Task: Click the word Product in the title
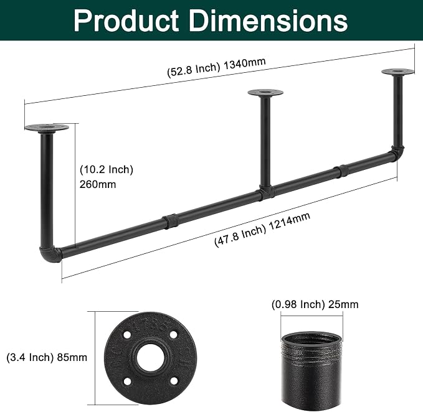pos(126,21)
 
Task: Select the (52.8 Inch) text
pos(194,70)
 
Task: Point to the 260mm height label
pos(98,185)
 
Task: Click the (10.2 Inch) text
pos(107,170)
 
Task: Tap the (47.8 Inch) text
pos(240,236)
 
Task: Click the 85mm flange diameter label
pos(72,358)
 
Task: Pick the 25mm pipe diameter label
pos(343,304)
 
